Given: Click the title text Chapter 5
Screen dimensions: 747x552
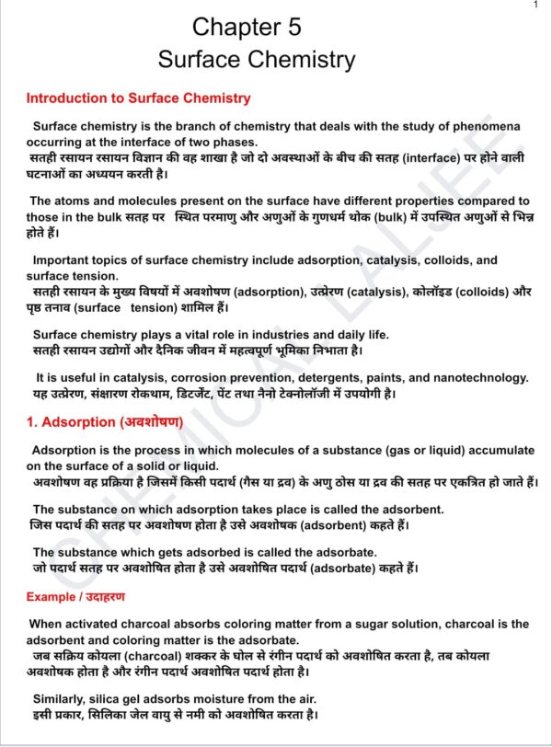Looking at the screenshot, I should click(x=247, y=27).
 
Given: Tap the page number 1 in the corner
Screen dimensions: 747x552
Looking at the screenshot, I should click(x=535, y=6).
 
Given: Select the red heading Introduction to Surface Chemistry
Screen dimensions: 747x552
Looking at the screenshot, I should click(x=138, y=98).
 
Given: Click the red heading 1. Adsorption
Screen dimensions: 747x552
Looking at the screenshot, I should click(x=104, y=422).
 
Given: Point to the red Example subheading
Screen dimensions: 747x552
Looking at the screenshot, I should click(x=69, y=598).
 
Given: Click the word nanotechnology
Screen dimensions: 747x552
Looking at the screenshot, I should click(x=478, y=377).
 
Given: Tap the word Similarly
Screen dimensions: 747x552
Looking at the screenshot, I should click(x=64, y=698).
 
